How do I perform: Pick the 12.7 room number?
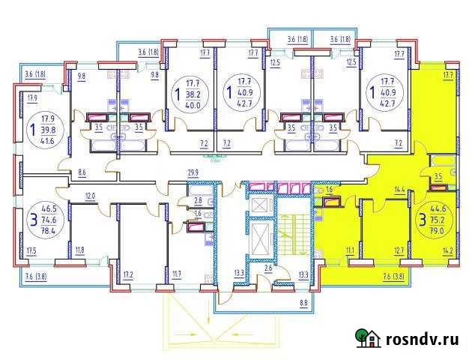pyautogui.click(x=399, y=250)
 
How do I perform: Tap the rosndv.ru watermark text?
pyautogui.click(x=423, y=339)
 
